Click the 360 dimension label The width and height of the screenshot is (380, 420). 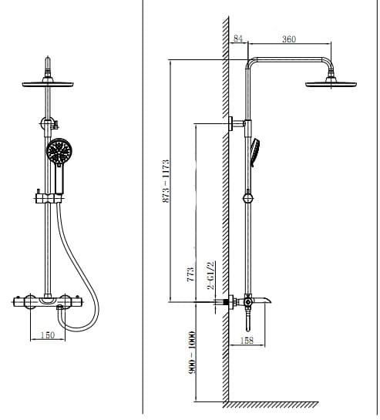tap(289, 39)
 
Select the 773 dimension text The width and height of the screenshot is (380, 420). tap(190, 275)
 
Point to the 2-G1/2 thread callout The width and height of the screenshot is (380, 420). tap(208, 276)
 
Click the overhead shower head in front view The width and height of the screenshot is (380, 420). tap(50, 83)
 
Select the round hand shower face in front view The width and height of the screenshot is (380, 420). tap(58, 151)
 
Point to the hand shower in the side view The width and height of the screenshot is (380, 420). tap(254, 150)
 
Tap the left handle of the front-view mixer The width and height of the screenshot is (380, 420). tap(22, 299)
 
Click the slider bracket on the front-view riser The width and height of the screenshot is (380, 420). tap(47, 200)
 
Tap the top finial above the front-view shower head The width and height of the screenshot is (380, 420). tap(50, 62)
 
